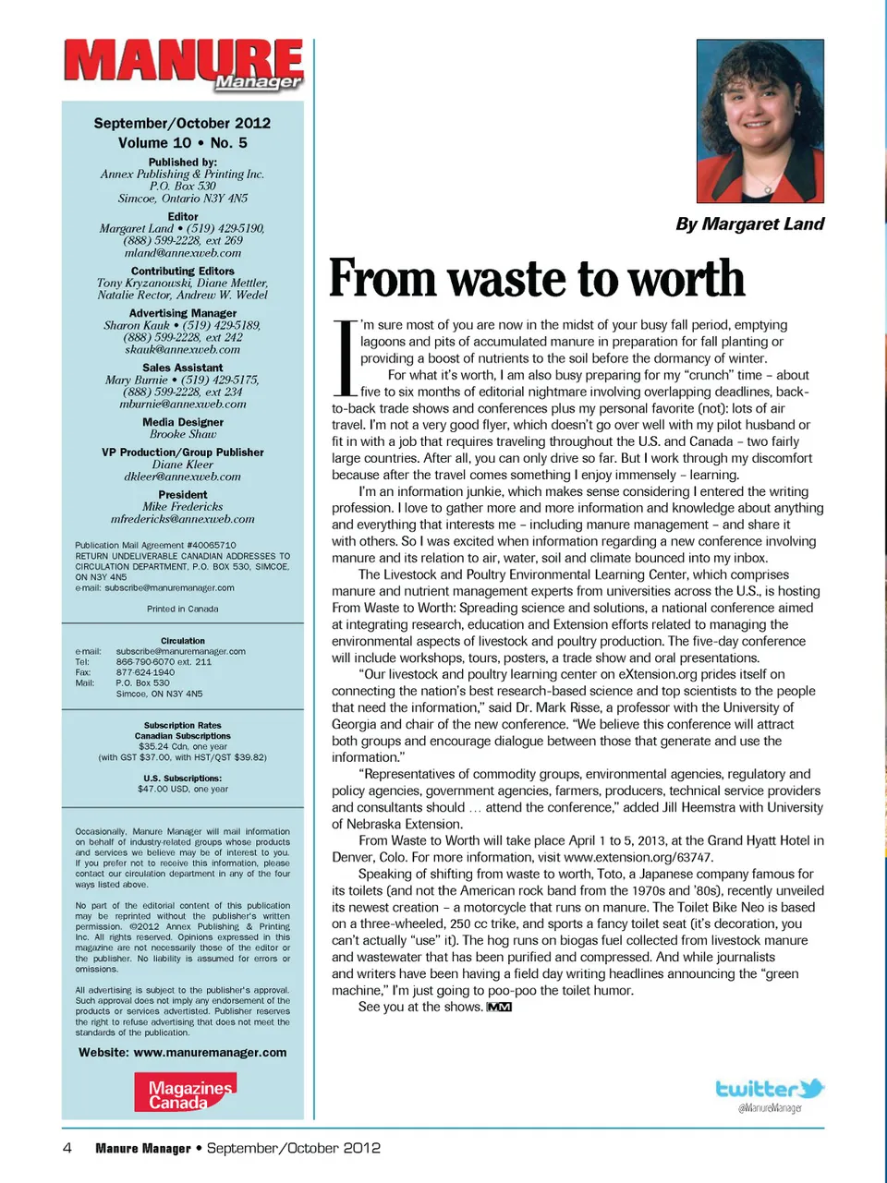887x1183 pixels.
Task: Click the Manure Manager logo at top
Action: tap(183, 65)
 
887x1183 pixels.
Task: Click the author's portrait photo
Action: tap(759, 120)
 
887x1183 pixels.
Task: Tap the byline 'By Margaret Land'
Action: tap(749, 223)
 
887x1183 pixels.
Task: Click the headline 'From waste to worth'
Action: tap(537, 279)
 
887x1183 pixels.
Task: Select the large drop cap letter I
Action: tap(344, 356)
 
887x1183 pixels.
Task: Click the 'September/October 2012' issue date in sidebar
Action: tap(182, 123)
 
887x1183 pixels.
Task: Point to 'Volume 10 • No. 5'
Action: tap(182, 143)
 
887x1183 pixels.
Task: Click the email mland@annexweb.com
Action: tap(182, 253)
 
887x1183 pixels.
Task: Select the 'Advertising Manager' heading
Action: tap(182, 313)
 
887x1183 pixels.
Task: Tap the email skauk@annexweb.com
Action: tap(182, 350)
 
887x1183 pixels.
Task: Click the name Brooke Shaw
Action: tap(182, 434)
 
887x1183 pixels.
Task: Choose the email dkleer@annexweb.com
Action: tap(182, 477)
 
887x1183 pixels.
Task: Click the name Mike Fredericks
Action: tap(182, 507)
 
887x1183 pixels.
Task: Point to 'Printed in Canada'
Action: tap(182, 610)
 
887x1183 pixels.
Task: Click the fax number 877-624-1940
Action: tap(145, 672)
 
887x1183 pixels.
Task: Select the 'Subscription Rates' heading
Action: tap(182, 726)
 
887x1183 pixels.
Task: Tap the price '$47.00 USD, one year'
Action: tap(182, 790)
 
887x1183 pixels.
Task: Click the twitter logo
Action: tap(770, 1090)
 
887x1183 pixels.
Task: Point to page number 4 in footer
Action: tap(67, 1148)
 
